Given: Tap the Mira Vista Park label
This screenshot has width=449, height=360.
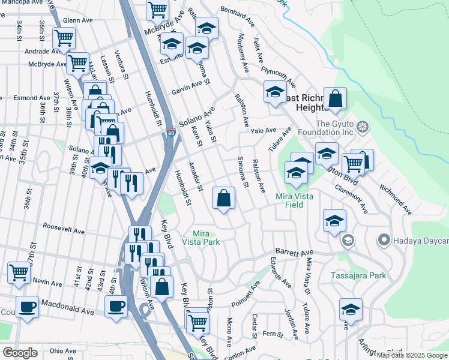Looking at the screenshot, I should (x=206, y=237).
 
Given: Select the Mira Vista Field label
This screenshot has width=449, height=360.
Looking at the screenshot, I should (x=298, y=200).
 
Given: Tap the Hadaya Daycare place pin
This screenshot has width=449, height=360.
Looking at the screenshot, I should (x=384, y=241).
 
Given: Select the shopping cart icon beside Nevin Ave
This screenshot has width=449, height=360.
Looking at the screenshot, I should (x=19, y=272).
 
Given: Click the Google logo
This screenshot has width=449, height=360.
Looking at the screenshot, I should (x=20, y=353).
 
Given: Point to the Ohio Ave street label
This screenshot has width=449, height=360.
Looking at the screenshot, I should (x=64, y=350).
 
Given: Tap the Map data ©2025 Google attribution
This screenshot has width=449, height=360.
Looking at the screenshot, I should (x=412, y=355).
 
